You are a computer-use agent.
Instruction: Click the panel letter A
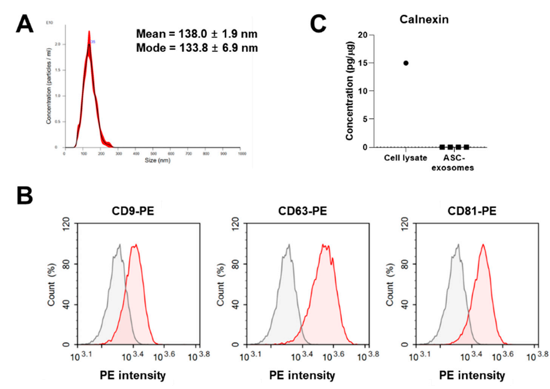tap(25, 25)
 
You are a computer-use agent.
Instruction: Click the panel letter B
tap(25, 196)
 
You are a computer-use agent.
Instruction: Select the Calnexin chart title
tap(424, 19)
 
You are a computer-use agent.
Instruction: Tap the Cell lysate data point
tap(406, 63)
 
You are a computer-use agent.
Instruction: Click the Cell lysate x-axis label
tap(405, 158)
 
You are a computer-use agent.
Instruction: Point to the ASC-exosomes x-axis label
tap(453, 163)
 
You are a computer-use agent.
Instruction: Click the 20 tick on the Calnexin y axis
tap(362, 35)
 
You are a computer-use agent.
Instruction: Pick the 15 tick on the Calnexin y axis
tap(362, 63)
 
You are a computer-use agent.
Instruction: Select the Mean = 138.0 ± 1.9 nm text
tap(197, 34)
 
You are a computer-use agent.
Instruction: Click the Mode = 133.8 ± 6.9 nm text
tap(197, 48)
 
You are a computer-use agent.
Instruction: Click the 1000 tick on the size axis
tap(242, 154)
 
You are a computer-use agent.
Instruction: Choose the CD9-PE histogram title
tap(133, 211)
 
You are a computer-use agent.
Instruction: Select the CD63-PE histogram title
tap(302, 211)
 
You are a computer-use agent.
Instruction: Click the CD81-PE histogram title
tap(472, 211)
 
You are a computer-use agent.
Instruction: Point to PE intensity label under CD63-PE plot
tap(302, 375)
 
